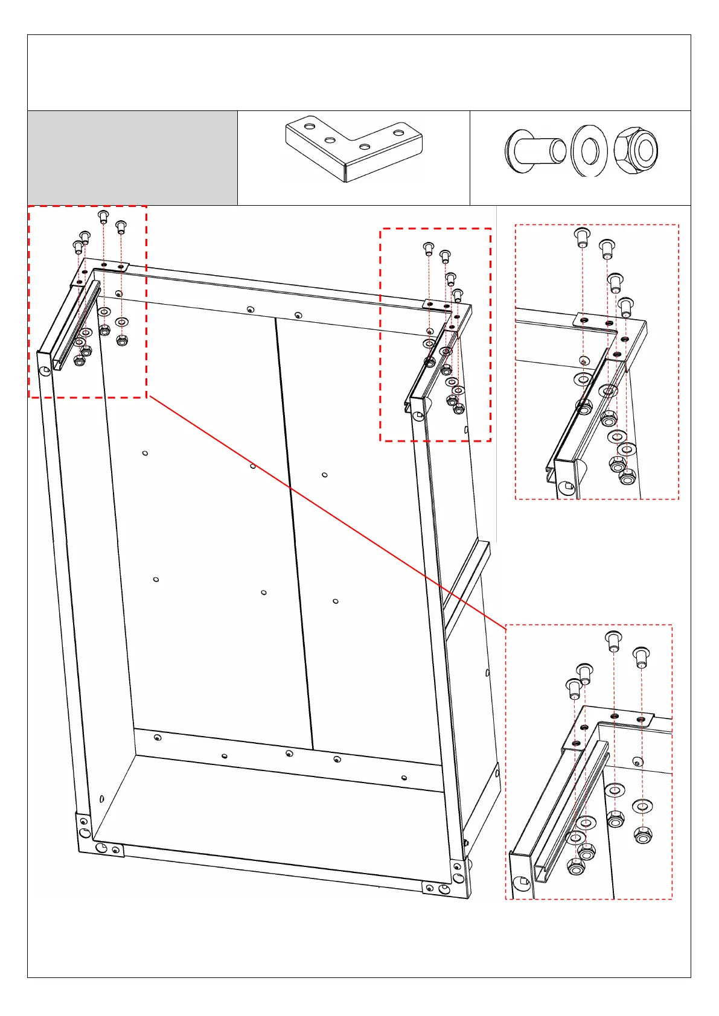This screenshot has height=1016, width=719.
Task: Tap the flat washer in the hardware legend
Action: coord(589,150)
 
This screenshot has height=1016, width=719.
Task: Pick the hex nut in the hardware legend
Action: coord(636,150)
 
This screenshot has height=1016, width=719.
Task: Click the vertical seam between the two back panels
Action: coord(294,531)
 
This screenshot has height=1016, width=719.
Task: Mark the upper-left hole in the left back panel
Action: coord(145,453)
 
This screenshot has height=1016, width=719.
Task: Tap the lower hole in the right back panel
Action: coord(336,601)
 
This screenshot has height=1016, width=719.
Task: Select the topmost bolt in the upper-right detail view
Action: coord(582,236)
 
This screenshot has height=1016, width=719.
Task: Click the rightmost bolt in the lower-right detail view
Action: coord(641,656)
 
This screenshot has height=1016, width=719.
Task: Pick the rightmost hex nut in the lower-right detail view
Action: coord(643,836)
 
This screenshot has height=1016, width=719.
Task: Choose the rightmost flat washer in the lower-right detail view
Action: coord(642,805)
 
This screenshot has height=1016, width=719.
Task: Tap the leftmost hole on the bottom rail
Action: coord(158,737)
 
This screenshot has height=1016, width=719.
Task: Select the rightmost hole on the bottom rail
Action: coord(404,778)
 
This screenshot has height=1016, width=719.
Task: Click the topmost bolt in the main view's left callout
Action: coord(103,216)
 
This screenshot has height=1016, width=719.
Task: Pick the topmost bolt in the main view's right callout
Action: coord(429,247)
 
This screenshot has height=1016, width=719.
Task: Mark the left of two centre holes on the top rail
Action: coord(251,310)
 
